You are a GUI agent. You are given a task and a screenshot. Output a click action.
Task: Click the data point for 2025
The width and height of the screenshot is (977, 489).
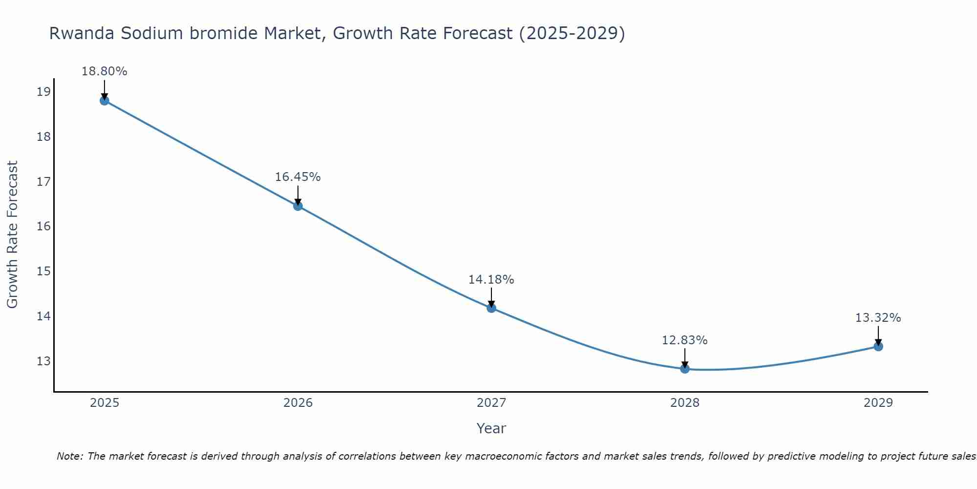[104, 101]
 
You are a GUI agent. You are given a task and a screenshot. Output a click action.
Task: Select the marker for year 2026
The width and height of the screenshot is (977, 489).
[297, 206]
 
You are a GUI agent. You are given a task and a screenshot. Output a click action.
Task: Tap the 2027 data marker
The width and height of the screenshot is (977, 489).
[491, 308]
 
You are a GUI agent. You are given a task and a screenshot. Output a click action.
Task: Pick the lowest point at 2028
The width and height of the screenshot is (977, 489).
[685, 368]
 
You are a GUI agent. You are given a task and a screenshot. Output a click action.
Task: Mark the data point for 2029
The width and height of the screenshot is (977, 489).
[878, 346]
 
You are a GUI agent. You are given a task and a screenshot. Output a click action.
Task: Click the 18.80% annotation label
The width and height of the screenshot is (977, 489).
[104, 71]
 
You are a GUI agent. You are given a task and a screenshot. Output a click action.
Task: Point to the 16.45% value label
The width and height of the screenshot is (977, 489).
[297, 177]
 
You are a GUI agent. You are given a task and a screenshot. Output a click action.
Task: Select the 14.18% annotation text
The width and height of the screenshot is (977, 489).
[491, 280]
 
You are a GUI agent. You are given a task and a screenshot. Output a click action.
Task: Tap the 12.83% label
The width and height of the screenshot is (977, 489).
[684, 340]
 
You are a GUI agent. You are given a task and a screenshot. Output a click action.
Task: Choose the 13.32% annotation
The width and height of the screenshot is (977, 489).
[878, 318]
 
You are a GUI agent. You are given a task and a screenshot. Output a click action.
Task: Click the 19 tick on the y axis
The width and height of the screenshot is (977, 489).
[43, 91]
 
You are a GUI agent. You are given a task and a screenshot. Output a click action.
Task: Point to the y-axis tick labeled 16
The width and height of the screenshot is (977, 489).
[43, 226]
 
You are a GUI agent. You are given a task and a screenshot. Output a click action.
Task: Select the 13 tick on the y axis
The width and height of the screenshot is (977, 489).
[43, 361]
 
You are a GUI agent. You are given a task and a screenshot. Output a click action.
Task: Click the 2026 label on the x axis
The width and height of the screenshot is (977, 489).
[297, 403]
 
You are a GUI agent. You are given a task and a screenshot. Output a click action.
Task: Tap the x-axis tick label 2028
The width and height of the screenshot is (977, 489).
[685, 403]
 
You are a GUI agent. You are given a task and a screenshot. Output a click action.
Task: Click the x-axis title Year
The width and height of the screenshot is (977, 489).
[491, 428]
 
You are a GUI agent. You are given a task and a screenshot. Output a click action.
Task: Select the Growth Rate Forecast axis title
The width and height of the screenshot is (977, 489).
[12, 235]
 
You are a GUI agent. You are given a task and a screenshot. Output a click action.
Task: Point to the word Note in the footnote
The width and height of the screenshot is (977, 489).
[70, 456]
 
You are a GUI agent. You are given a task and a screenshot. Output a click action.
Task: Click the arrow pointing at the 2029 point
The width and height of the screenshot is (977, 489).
[878, 336]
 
